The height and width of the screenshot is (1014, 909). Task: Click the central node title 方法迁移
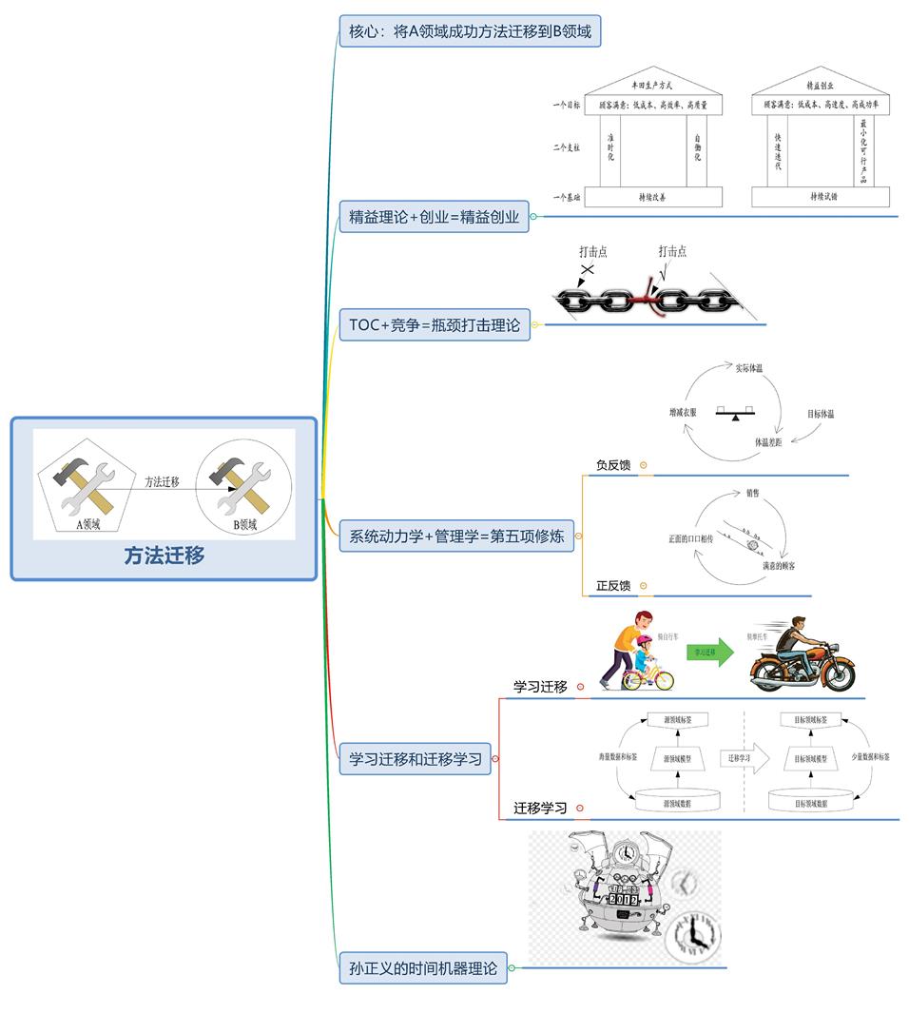pyautogui.click(x=164, y=556)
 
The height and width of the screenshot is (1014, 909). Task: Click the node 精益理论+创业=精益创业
pyautogui.click(x=434, y=217)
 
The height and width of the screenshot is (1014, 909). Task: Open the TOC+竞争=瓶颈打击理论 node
pyautogui.click(x=435, y=325)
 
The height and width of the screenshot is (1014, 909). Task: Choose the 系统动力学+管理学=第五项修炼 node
pyautogui.click(x=455, y=536)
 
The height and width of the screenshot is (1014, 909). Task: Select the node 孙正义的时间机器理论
pyautogui.click(x=422, y=969)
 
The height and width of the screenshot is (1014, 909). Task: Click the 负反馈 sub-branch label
pyautogui.click(x=613, y=465)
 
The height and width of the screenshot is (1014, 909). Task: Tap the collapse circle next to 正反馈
pyautogui.click(x=644, y=586)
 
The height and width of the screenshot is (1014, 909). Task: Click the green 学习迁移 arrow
pyautogui.click(x=710, y=652)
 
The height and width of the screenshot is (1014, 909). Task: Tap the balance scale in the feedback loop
pyautogui.click(x=736, y=416)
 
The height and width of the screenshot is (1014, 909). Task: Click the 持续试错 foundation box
pyautogui.click(x=820, y=197)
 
